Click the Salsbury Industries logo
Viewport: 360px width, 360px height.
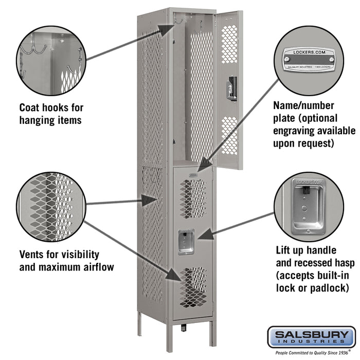pyautogui.click(x=311, y=337)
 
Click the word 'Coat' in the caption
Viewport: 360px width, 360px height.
pyautogui.click(x=32, y=108)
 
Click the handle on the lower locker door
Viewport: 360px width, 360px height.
pyautogui.click(x=186, y=242)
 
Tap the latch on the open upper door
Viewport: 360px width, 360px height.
pyautogui.click(x=232, y=88)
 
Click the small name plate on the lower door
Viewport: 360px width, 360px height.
pyautogui.click(x=193, y=175)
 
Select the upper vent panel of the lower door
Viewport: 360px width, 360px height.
pyautogui.click(x=193, y=199)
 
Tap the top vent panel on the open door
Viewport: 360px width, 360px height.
pyautogui.click(x=229, y=44)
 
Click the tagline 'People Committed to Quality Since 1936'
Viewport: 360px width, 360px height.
pyautogui.click(x=310, y=353)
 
